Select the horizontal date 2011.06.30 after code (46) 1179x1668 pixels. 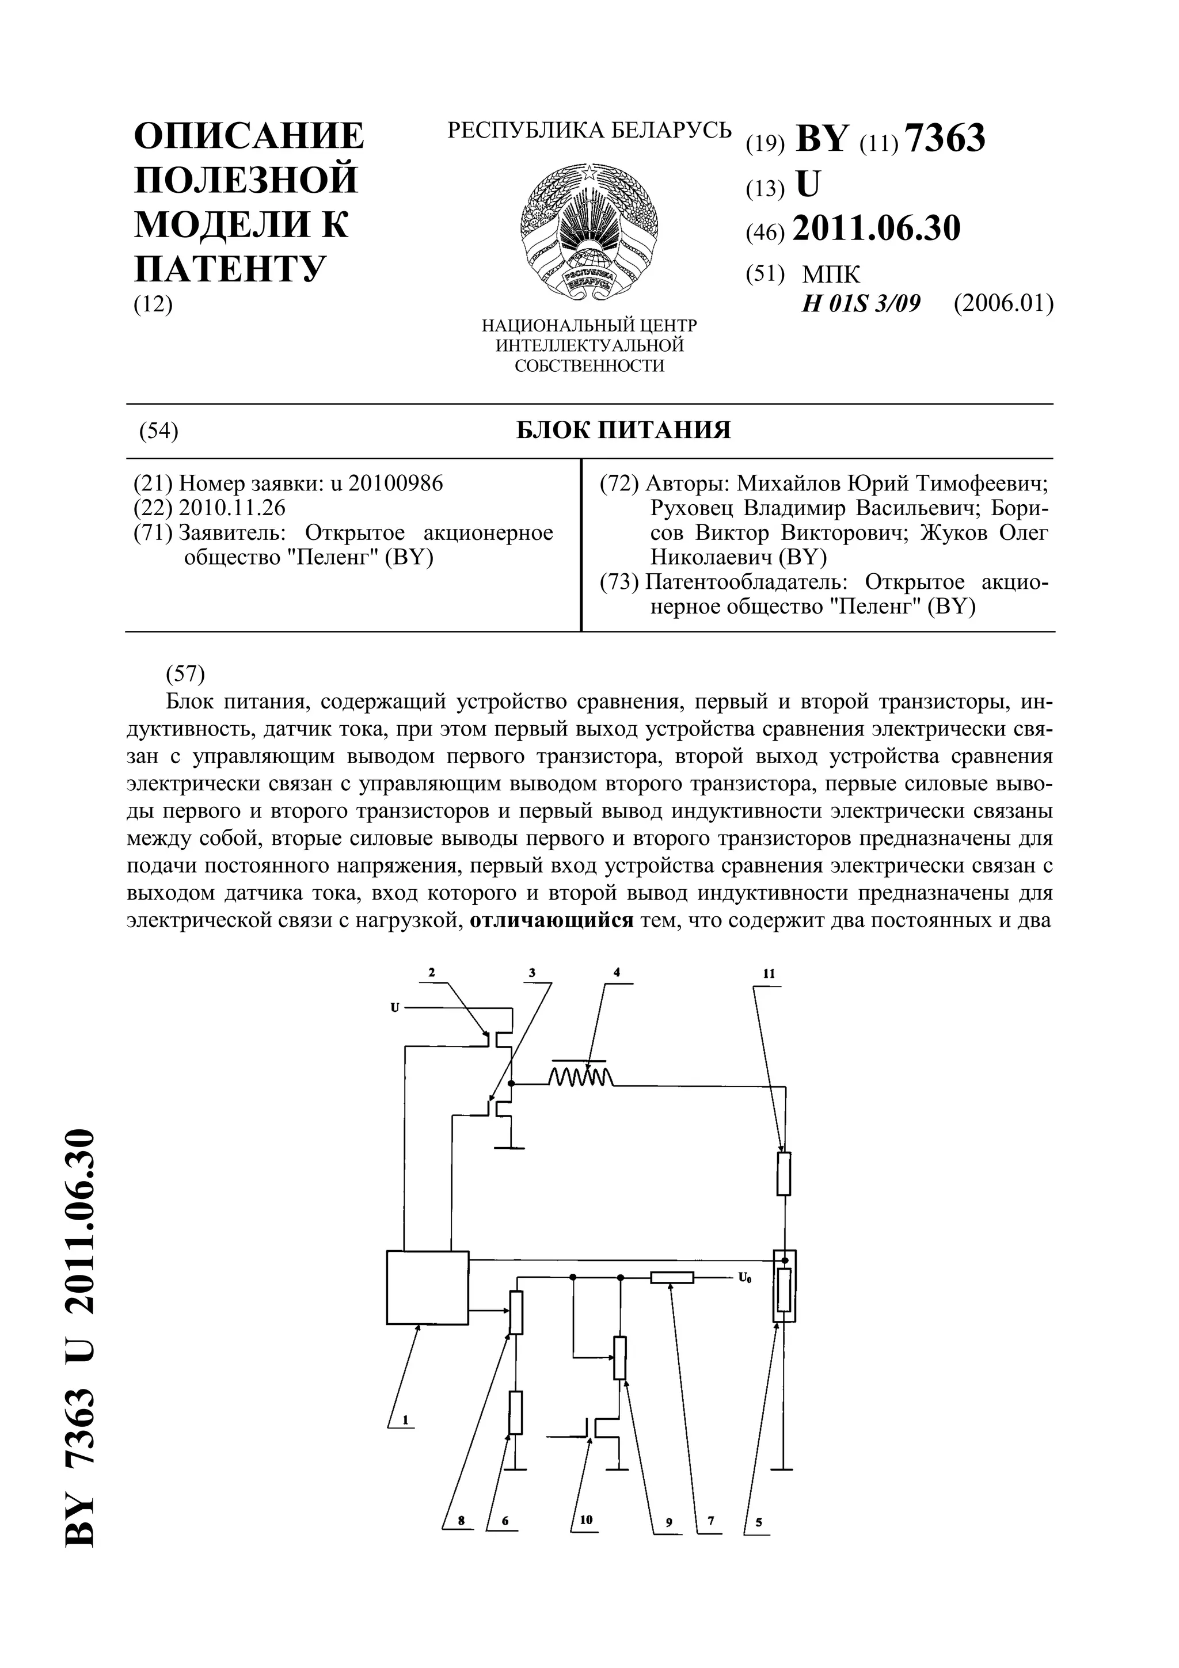(x=876, y=228)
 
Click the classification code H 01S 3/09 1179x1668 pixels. (x=861, y=303)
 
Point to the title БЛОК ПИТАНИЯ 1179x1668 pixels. (x=623, y=430)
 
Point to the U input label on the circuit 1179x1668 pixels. (x=395, y=1008)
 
